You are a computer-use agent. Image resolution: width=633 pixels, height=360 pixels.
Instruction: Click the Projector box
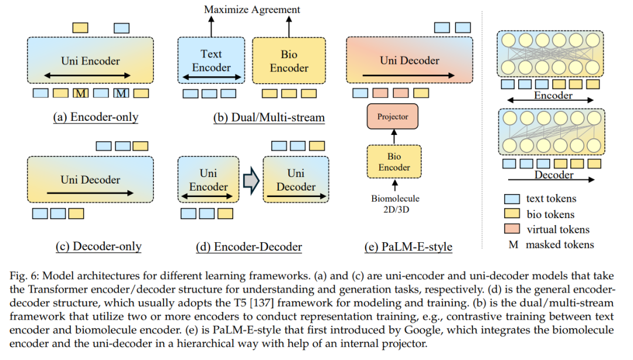392,116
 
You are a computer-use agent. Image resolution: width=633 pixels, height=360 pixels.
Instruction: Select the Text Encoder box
211,60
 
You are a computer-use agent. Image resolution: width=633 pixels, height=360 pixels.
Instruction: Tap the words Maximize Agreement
252,9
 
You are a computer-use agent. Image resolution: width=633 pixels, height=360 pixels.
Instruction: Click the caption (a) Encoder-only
96,117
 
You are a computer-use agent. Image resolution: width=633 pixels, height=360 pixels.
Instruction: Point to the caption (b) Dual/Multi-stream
269,118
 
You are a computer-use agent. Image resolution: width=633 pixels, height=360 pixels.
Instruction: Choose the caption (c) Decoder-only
98,246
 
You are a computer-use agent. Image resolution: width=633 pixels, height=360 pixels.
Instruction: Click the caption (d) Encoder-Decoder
249,247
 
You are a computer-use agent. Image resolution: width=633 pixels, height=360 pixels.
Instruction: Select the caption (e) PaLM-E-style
408,247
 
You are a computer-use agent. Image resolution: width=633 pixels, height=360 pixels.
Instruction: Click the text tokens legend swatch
512,199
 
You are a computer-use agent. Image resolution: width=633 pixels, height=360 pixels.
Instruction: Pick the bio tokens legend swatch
512,214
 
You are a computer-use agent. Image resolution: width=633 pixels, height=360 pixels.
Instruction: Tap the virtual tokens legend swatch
512,229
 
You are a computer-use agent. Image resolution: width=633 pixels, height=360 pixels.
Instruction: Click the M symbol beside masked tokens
513,245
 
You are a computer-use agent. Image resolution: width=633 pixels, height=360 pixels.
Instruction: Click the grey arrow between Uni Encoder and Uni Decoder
251,180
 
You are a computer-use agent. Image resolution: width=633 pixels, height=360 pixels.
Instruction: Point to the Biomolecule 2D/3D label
395,204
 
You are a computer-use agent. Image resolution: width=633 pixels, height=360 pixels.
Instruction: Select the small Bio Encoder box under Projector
394,162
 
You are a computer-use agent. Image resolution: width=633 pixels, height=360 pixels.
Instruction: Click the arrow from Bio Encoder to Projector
394,137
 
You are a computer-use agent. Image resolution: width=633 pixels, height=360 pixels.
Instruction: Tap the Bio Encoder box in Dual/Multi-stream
289,60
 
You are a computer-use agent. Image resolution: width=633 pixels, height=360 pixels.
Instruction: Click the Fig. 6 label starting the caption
24,276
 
